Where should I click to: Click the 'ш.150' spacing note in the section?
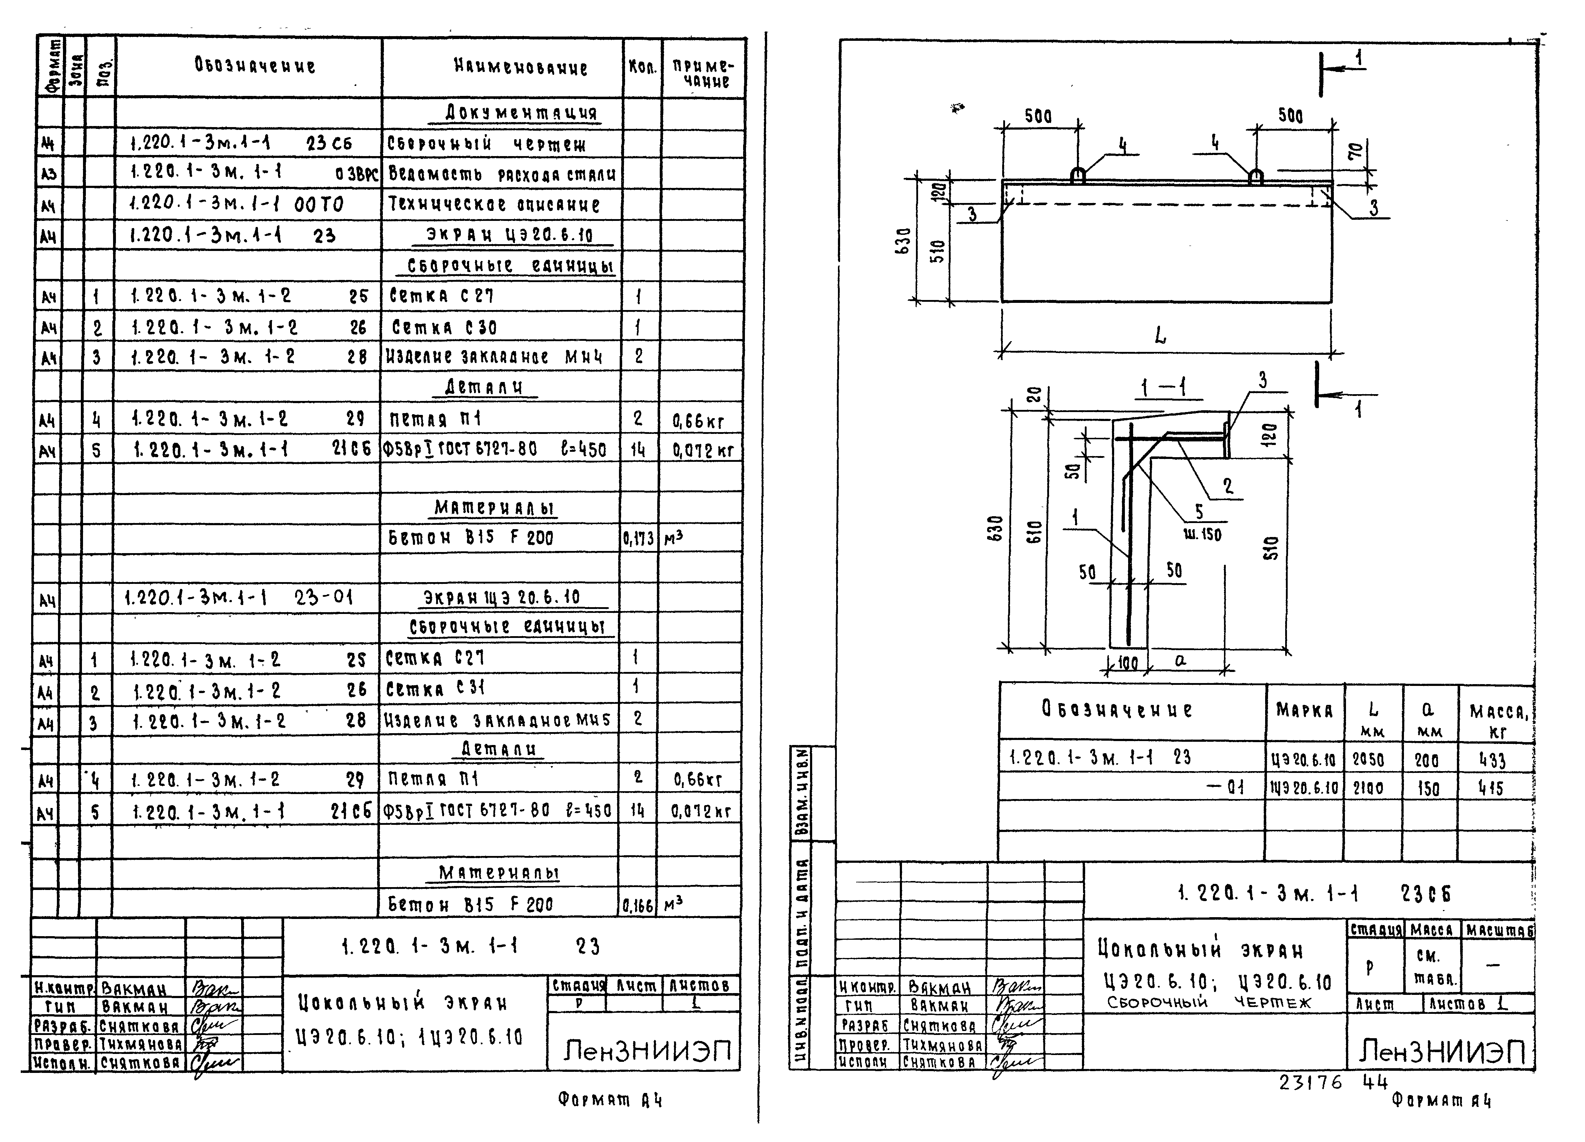coord(1202,535)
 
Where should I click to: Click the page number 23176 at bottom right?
coord(1310,1083)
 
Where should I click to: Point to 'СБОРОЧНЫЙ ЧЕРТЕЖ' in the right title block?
coord(1209,1003)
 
